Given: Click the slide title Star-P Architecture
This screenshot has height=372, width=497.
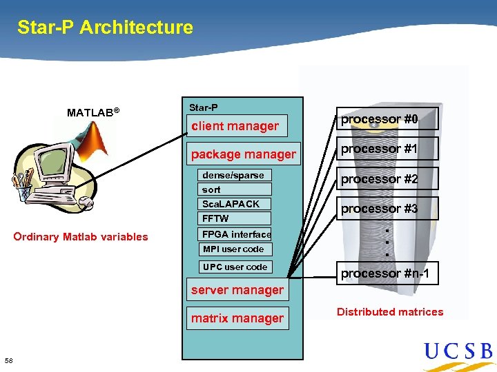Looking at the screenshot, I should tap(105, 28).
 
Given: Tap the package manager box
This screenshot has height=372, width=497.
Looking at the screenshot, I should tap(243, 154).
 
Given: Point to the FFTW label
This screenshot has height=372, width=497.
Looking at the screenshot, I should tap(215, 218).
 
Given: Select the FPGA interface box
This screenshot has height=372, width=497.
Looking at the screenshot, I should tap(236, 234).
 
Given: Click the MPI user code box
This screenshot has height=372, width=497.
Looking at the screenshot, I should tap(233, 249).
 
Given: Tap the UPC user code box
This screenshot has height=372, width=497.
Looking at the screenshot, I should tap(235, 267).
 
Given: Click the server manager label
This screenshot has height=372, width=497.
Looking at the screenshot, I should tap(237, 290).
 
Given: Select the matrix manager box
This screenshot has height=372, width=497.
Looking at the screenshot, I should tap(237, 318).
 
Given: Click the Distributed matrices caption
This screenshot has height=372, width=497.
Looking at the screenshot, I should tap(390, 312).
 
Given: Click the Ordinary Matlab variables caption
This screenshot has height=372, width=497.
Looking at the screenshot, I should tap(81, 237).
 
